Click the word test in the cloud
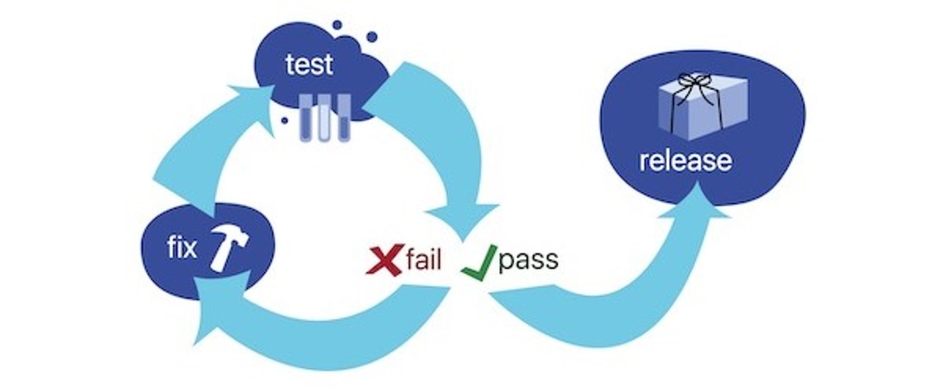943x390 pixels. (x=309, y=65)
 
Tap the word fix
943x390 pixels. (x=181, y=248)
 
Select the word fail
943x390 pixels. (x=423, y=260)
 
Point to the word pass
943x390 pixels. (x=527, y=260)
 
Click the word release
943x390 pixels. (x=685, y=161)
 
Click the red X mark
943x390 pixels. (x=384, y=260)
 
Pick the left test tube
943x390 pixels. (x=305, y=116)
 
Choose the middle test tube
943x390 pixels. (x=323, y=116)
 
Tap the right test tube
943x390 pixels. (x=343, y=116)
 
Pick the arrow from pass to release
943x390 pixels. (x=604, y=310)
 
